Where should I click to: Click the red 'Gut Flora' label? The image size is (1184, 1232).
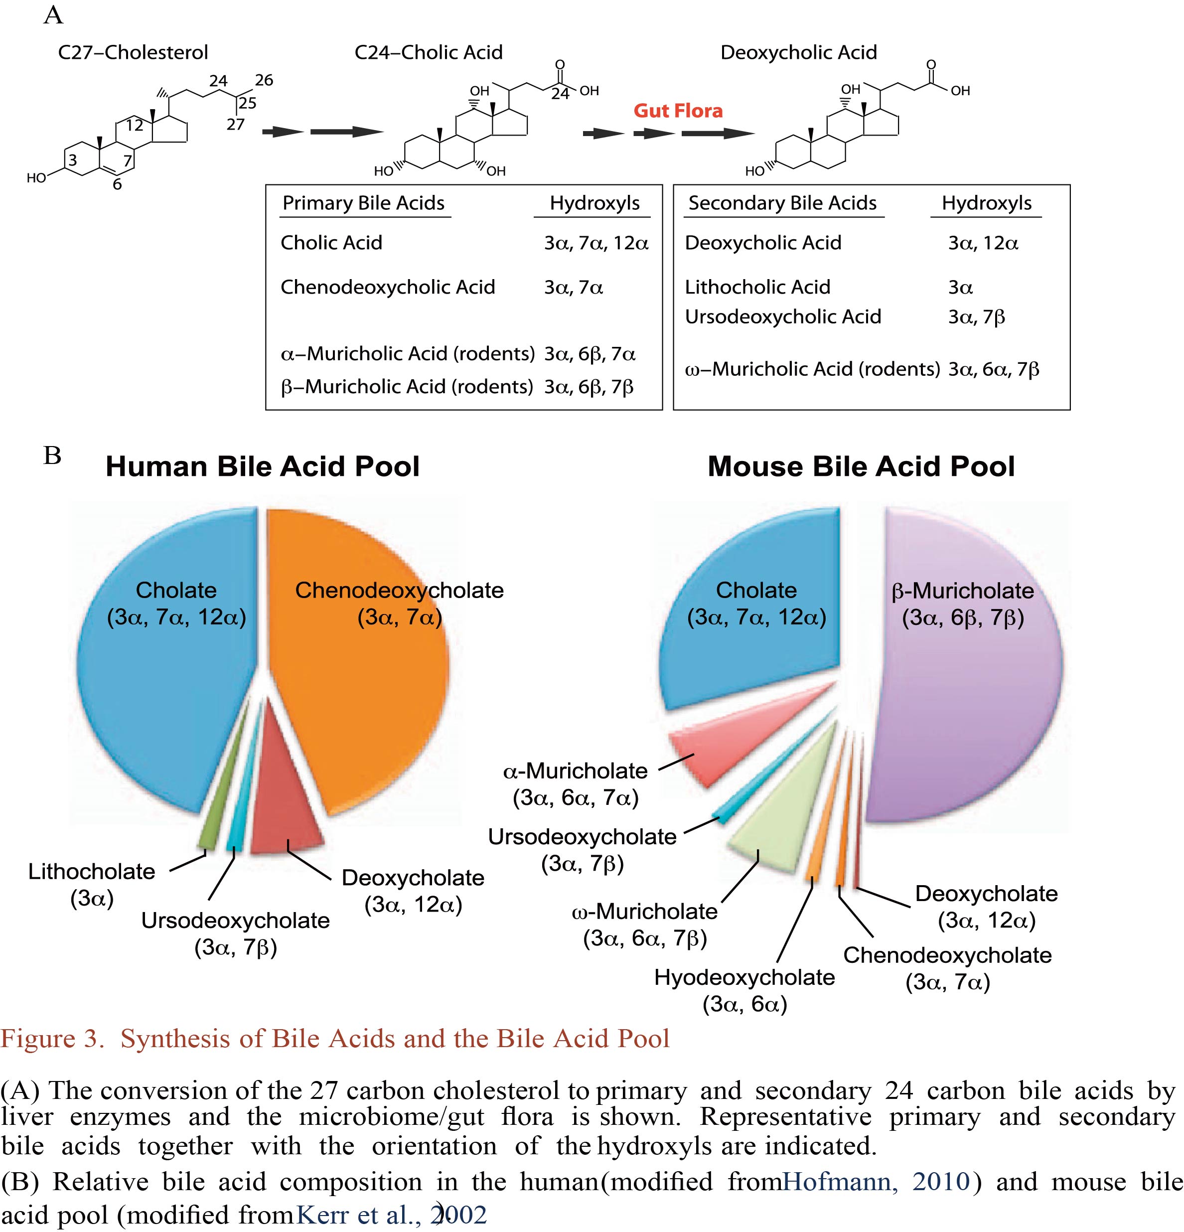point(678,111)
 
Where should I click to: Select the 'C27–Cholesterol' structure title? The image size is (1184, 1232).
point(133,52)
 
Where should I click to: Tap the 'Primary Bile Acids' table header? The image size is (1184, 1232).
point(363,203)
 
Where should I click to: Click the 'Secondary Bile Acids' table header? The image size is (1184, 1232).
point(782,203)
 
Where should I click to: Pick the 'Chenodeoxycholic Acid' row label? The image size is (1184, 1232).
point(387,287)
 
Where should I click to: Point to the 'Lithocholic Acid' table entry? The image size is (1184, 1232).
point(757,287)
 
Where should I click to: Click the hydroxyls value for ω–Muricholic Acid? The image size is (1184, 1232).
point(993,369)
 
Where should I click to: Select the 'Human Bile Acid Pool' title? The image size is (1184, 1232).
point(262,466)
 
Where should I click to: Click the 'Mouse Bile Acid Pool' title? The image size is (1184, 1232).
point(861,466)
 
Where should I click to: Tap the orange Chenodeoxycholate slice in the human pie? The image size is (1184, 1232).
point(364,691)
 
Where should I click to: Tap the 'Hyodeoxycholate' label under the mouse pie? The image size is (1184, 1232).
point(744,977)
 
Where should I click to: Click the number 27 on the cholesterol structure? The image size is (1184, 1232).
point(236,125)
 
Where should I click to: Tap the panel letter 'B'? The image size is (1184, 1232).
point(52,455)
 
